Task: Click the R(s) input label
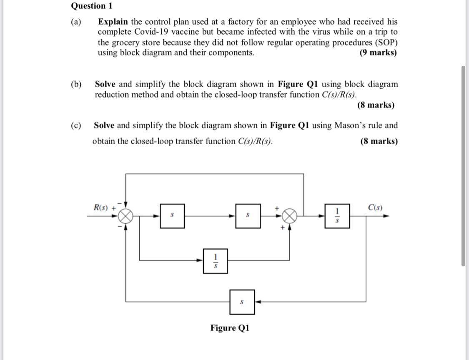click(x=101, y=207)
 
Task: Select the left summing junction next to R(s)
click(x=126, y=216)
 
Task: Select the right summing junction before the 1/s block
click(x=291, y=216)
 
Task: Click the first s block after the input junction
click(x=172, y=216)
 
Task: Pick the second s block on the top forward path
click(x=248, y=216)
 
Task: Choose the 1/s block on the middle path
click(x=216, y=261)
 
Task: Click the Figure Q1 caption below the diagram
click(x=230, y=327)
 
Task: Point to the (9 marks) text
click(x=378, y=53)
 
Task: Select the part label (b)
click(x=76, y=84)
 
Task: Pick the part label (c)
click(x=76, y=125)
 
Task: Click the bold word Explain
click(x=113, y=22)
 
